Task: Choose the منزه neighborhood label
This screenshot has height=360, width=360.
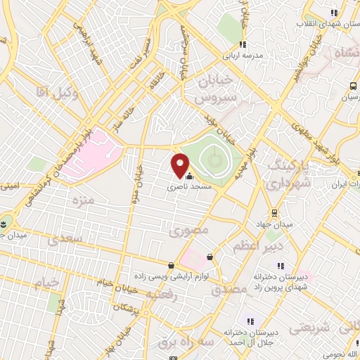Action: [83, 200]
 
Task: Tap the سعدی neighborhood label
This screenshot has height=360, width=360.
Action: [65, 240]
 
